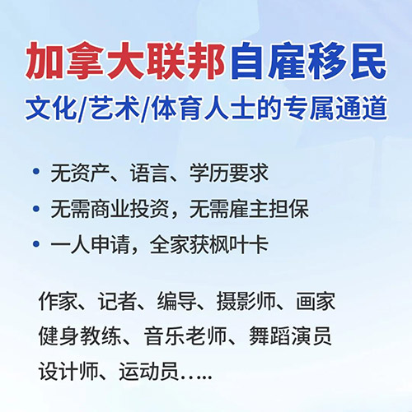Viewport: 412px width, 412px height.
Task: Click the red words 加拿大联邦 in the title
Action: point(125,61)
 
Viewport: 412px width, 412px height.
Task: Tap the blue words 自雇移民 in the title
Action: point(309,61)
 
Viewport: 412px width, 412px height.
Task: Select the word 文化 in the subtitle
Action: point(51,109)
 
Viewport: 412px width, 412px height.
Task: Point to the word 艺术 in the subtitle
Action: point(115,109)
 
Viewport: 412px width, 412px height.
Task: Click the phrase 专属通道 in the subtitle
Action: point(335,109)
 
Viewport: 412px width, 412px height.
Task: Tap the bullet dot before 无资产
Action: point(36,172)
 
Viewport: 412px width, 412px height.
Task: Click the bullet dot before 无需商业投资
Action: point(36,209)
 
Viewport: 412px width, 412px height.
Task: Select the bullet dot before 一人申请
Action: point(36,244)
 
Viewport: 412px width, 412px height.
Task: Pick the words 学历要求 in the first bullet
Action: point(228,173)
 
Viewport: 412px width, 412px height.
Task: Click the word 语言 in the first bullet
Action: point(149,173)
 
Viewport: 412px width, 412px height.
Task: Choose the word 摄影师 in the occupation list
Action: point(246,301)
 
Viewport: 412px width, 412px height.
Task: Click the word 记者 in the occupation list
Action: point(117,301)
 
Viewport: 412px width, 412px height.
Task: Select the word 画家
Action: point(316,301)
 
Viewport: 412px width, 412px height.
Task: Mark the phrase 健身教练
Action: point(80,336)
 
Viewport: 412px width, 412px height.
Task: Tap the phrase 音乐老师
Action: point(185,336)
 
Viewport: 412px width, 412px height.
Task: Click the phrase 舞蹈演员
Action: point(290,336)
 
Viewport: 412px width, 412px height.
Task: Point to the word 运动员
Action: point(148,372)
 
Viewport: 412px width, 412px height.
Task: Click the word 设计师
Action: point(68,372)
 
